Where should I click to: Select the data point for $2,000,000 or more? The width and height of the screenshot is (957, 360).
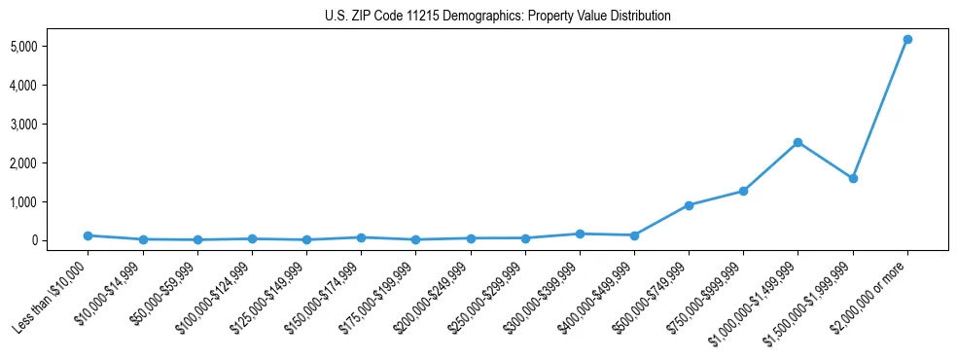pos(907,39)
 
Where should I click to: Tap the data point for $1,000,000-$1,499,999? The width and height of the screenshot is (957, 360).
pos(797,142)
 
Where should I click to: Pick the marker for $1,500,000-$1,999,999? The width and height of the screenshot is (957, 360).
pos(853,179)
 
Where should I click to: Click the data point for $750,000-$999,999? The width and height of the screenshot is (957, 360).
pos(743,191)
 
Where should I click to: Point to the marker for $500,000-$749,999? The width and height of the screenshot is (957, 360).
pos(689,205)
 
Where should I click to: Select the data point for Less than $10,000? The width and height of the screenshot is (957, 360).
pos(88,235)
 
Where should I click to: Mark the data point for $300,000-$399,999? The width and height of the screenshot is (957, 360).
pos(580,234)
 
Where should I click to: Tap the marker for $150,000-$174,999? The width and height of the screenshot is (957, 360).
pos(361,237)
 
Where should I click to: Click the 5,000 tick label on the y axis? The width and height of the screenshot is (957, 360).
pos(51,47)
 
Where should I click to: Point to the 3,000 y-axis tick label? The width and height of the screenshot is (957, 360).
pos(51,125)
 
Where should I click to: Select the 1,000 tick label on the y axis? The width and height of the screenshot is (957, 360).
pos(51,201)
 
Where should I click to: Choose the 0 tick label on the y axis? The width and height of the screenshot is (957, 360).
pos(60,240)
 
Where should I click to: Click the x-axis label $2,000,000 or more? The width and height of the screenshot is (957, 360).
pos(870,293)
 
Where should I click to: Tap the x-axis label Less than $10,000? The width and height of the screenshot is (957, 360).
pos(52,295)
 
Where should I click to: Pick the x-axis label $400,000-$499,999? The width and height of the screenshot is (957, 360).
pos(595,295)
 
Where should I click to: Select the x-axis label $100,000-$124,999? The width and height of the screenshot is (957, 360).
pos(213,295)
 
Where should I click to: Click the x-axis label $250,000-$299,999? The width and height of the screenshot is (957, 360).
pos(486,295)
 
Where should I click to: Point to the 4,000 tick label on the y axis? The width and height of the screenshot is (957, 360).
pos(51,86)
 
